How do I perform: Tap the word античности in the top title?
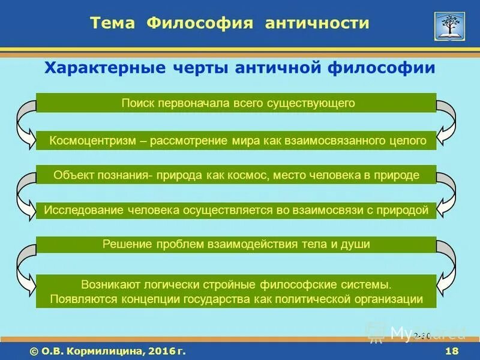(x=318, y=23)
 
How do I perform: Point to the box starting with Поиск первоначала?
(x=236, y=103)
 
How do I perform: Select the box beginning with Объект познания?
(x=236, y=175)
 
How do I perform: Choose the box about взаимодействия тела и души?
(x=236, y=245)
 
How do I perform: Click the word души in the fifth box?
(x=358, y=245)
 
